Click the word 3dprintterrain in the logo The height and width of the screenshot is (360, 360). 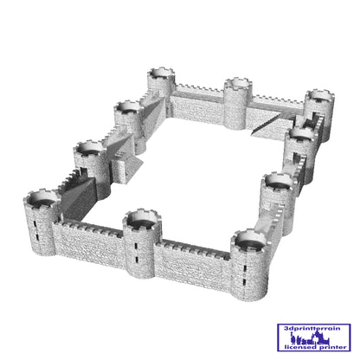(312, 328)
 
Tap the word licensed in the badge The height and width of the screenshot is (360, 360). (299, 347)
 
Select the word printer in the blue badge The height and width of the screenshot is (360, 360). (331, 347)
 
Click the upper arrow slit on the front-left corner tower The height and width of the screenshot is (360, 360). (35, 224)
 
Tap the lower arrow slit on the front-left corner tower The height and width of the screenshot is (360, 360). (37, 237)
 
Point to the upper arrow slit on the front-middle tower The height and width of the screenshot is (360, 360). (135, 246)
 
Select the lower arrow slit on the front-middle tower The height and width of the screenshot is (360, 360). (137, 260)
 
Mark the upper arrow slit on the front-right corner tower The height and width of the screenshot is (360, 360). (245, 268)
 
